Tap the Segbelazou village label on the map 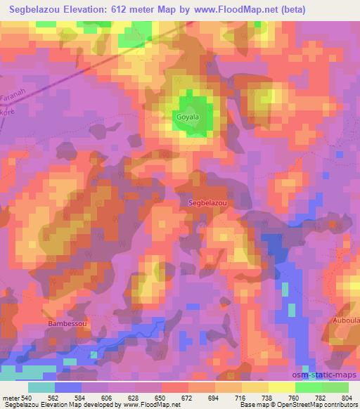point(208,202)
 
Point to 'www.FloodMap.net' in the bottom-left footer point(151,405)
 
